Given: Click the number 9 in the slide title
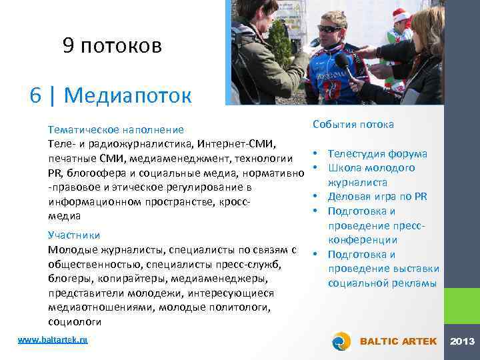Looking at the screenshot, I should pyautogui.click(x=68, y=45).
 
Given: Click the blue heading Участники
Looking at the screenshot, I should pyautogui.click(x=74, y=235).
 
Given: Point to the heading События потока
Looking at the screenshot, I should pyautogui.click(x=353, y=124).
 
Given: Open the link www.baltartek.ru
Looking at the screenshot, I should pyautogui.click(x=53, y=339).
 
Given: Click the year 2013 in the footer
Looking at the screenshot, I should pyautogui.click(x=462, y=341).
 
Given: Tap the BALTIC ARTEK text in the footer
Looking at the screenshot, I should pyautogui.click(x=398, y=341).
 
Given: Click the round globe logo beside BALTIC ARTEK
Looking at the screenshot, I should pyautogui.click(x=341, y=341).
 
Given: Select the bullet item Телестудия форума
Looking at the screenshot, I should pyautogui.click(x=377, y=153).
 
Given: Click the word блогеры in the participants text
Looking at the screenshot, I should pyautogui.click(x=69, y=278).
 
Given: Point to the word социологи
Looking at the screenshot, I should pyautogui.click(x=74, y=321).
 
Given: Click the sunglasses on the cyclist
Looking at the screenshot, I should pyautogui.click(x=328, y=29).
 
